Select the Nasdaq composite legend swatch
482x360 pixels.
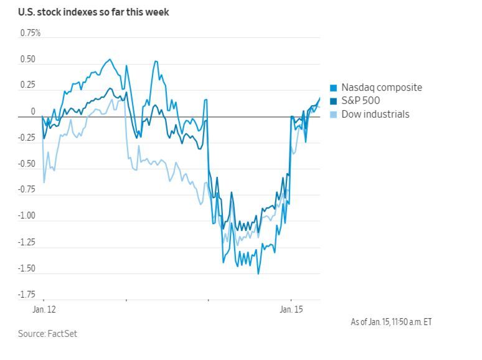coord(333,88)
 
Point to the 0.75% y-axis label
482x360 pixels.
coord(30,32)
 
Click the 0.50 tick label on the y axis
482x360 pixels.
coord(29,60)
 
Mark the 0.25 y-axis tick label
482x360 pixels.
coord(29,85)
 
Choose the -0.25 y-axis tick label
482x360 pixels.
coord(27,138)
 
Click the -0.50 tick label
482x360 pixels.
coord(27,164)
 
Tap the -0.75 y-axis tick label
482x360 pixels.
coord(27,190)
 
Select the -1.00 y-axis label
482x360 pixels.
coord(27,216)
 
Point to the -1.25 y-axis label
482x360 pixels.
coord(27,242)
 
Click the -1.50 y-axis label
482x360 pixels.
coord(27,268)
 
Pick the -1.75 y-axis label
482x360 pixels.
coord(27,295)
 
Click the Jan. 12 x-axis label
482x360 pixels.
coord(43,309)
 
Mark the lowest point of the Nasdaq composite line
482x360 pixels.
coord(258,273)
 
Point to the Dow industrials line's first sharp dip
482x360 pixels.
coord(44,182)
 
